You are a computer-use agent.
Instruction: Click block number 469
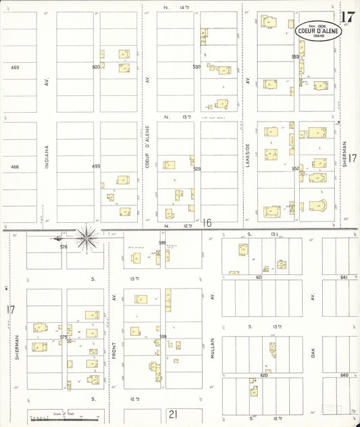(x=15, y=67)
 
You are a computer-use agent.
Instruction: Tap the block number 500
(x=96, y=67)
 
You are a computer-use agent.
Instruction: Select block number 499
(x=96, y=166)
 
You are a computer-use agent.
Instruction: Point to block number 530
(x=197, y=67)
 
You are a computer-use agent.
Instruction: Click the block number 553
(x=295, y=57)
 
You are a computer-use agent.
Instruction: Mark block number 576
(x=63, y=247)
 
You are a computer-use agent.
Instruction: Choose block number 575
(x=63, y=336)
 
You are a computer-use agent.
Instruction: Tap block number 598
(x=162, y=336)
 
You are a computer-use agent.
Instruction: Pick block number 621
(x=259, y=277)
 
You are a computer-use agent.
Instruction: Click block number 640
(x=344, y=375)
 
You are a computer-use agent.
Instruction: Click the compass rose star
(x=87, y=238)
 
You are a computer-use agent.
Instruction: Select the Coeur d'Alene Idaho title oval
(x=318, y=30)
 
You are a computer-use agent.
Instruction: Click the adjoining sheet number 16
(x=207, y=223)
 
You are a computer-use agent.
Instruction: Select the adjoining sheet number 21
(x=173, y=414)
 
